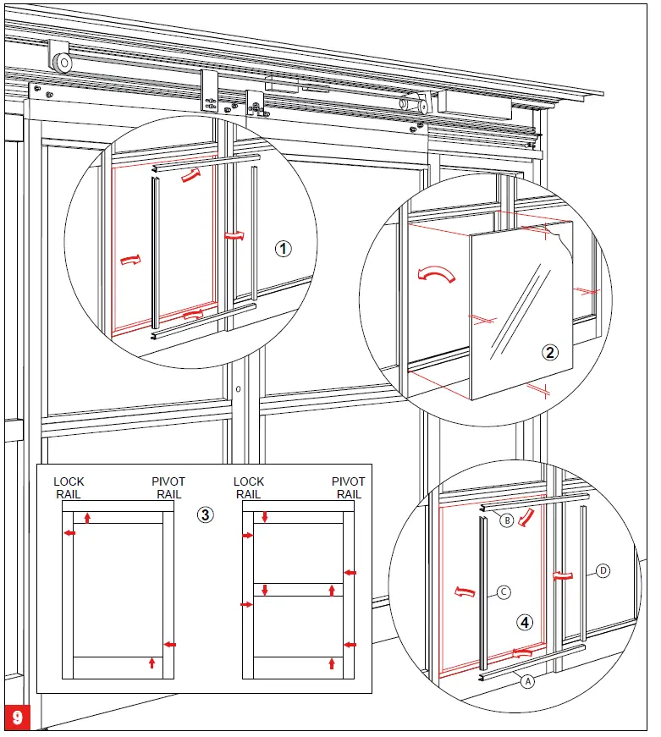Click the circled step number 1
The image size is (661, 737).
tap(283, 249)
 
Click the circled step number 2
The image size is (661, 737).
tap(550, 354)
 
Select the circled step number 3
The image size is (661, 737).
tap(204, 514)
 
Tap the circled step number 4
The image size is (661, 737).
tap(526, 623)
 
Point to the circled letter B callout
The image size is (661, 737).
tap(506, 520)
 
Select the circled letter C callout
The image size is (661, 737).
tap(503, 592)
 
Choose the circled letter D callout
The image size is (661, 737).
tap(603, 570)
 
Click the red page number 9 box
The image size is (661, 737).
tap(18, 718)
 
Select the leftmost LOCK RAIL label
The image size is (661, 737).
tap(69, 487)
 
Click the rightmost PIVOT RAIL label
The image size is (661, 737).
tap(348, 487)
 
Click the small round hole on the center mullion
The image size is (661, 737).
tap(240, 390)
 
